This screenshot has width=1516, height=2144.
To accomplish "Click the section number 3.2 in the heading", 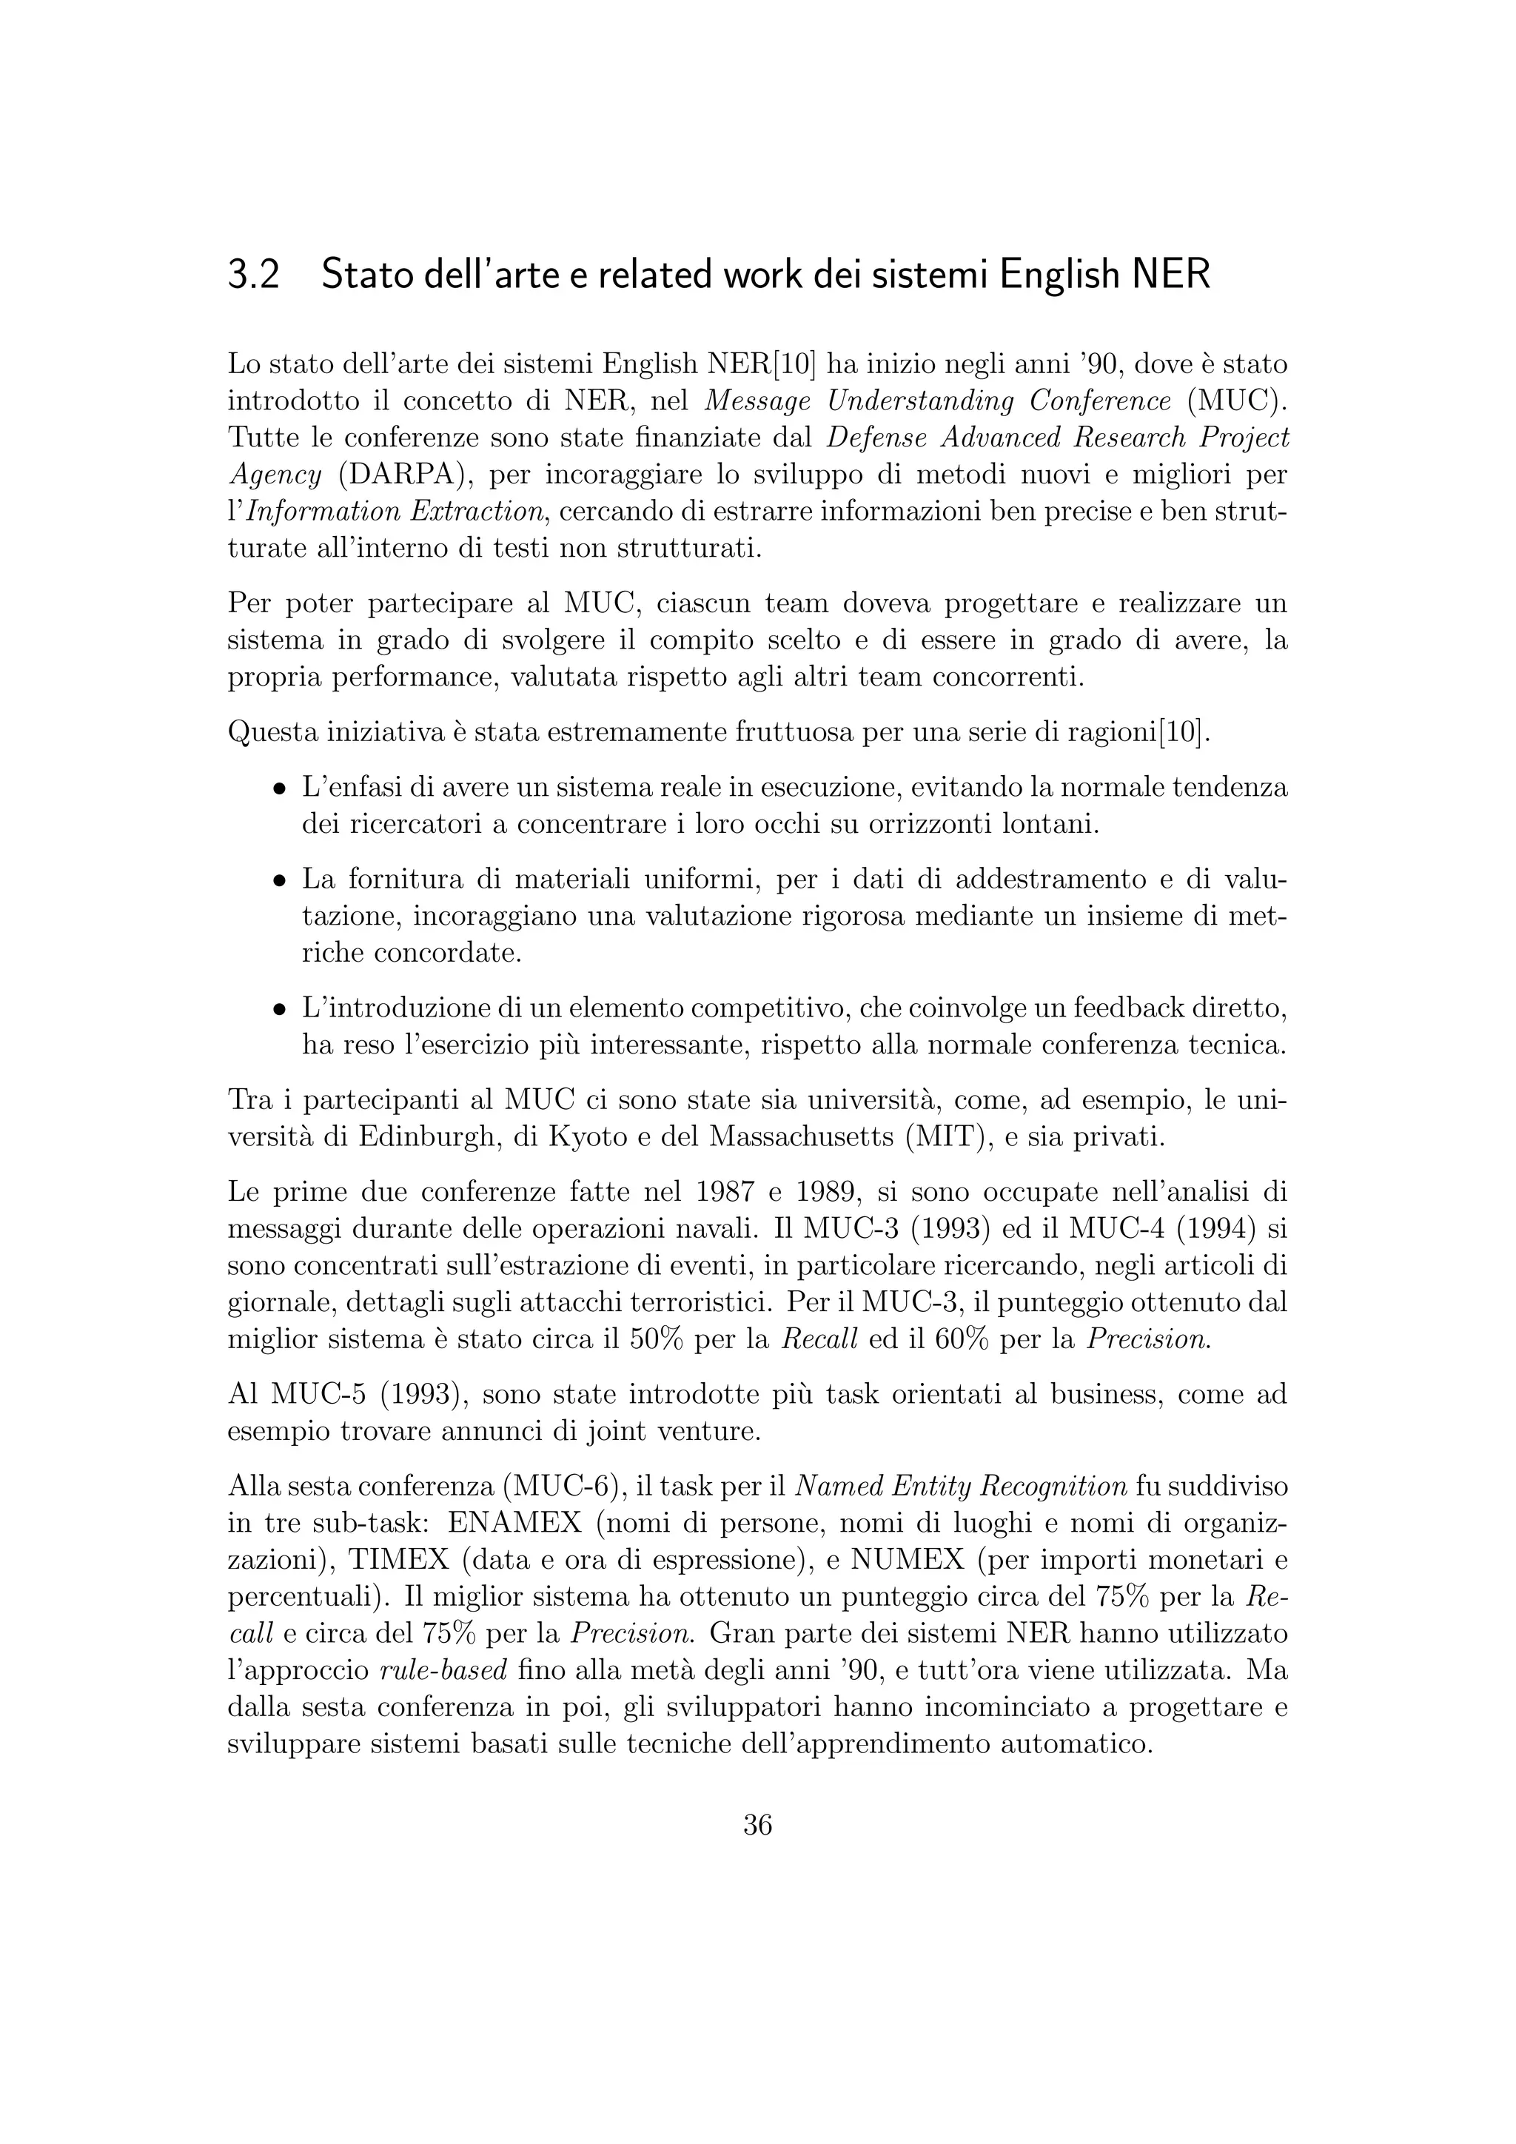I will tap(254, 275).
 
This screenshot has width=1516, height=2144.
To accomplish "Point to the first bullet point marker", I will tap(278, 788).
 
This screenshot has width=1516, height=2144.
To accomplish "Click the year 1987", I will tap(729, 1193).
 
